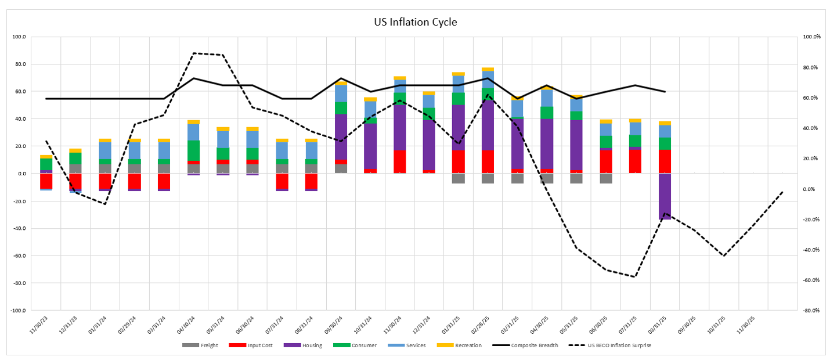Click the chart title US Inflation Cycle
415,23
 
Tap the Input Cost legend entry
250,345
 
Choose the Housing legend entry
297,345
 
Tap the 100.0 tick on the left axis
19,37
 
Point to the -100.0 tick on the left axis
17,310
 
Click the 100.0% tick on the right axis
811,37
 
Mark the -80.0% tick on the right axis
811,310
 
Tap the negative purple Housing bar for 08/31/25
665,196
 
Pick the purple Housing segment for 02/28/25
488,125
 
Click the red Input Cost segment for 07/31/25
635,161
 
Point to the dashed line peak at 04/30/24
193,53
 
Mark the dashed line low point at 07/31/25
635,276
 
